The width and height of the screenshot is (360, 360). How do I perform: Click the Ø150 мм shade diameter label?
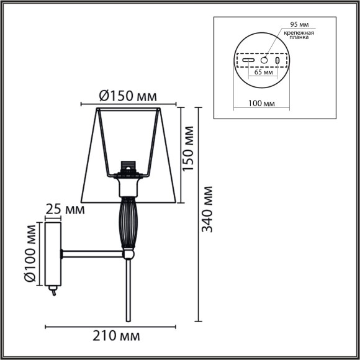128,96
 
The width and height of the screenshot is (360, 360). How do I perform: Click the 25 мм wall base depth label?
65,209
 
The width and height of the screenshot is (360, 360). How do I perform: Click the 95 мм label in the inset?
291,25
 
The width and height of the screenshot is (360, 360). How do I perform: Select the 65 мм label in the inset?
264,73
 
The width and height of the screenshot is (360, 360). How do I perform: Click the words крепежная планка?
299,35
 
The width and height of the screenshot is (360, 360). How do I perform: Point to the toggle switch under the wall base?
52,290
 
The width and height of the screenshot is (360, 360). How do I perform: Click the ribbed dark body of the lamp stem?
127,220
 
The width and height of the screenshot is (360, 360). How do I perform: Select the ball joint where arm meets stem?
128,253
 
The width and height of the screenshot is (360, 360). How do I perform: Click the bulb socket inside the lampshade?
128,168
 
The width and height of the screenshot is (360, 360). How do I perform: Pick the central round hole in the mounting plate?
264,61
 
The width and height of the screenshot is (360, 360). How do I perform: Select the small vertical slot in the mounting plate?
277,61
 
